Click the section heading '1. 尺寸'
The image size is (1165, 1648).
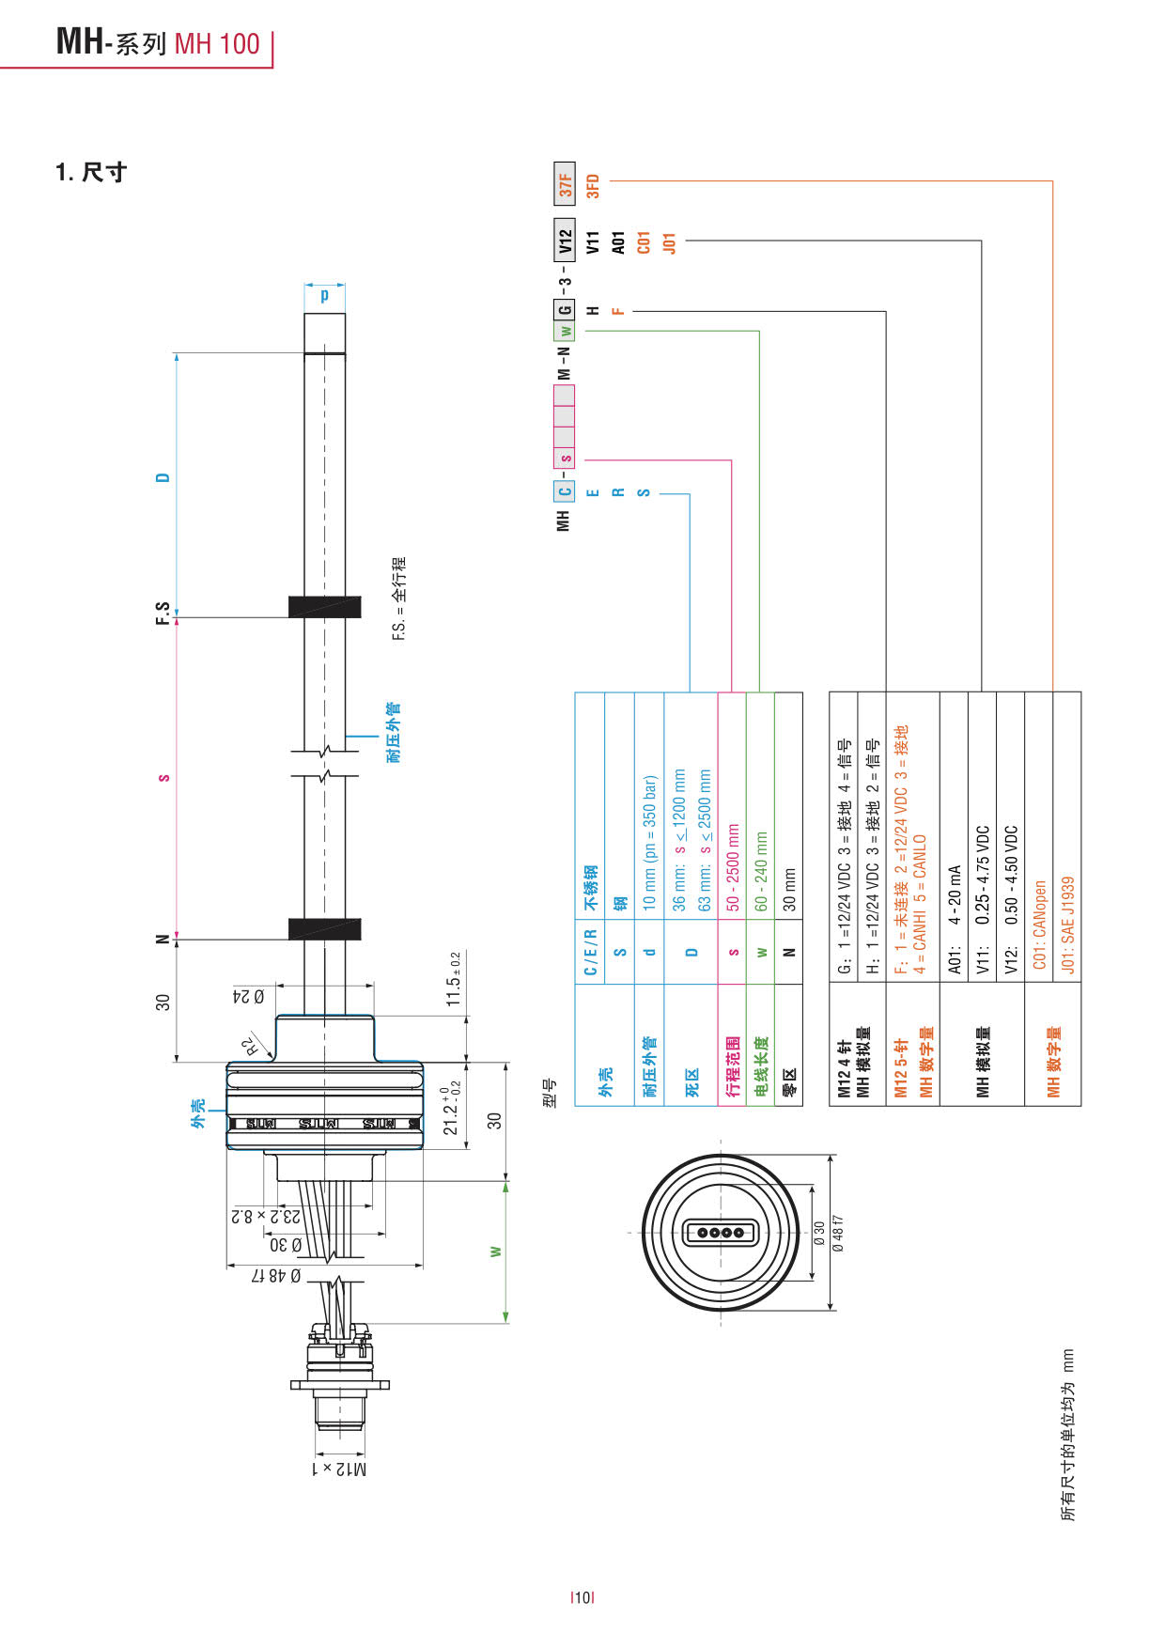pos(91,172)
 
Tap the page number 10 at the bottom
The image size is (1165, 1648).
pos(582,1596)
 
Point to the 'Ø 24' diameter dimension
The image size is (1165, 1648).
pos(248,996)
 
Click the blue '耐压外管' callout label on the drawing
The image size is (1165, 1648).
pos(394,732)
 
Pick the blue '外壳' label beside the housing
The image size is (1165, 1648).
pos(198,1113)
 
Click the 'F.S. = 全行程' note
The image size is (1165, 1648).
pos(399,599)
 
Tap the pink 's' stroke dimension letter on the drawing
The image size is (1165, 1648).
pos(163,778)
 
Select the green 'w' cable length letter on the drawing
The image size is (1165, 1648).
pos(495,1252)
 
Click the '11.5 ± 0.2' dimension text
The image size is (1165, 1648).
pos(454,979)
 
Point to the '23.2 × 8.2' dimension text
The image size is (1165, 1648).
pos(266,1216)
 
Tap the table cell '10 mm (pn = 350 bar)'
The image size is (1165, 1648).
pos(649,843)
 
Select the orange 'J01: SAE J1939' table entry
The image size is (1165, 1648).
pos(1067,925)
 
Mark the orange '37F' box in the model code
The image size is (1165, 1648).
pos(565,183)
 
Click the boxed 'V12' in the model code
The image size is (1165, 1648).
pos(565,241)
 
